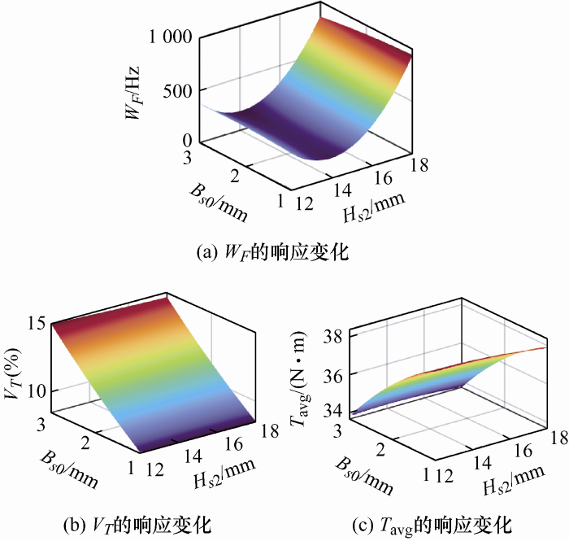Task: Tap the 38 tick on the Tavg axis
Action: (x=337, y=335)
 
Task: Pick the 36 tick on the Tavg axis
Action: (x=337, y=374)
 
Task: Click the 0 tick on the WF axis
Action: (x=186, y=140)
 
